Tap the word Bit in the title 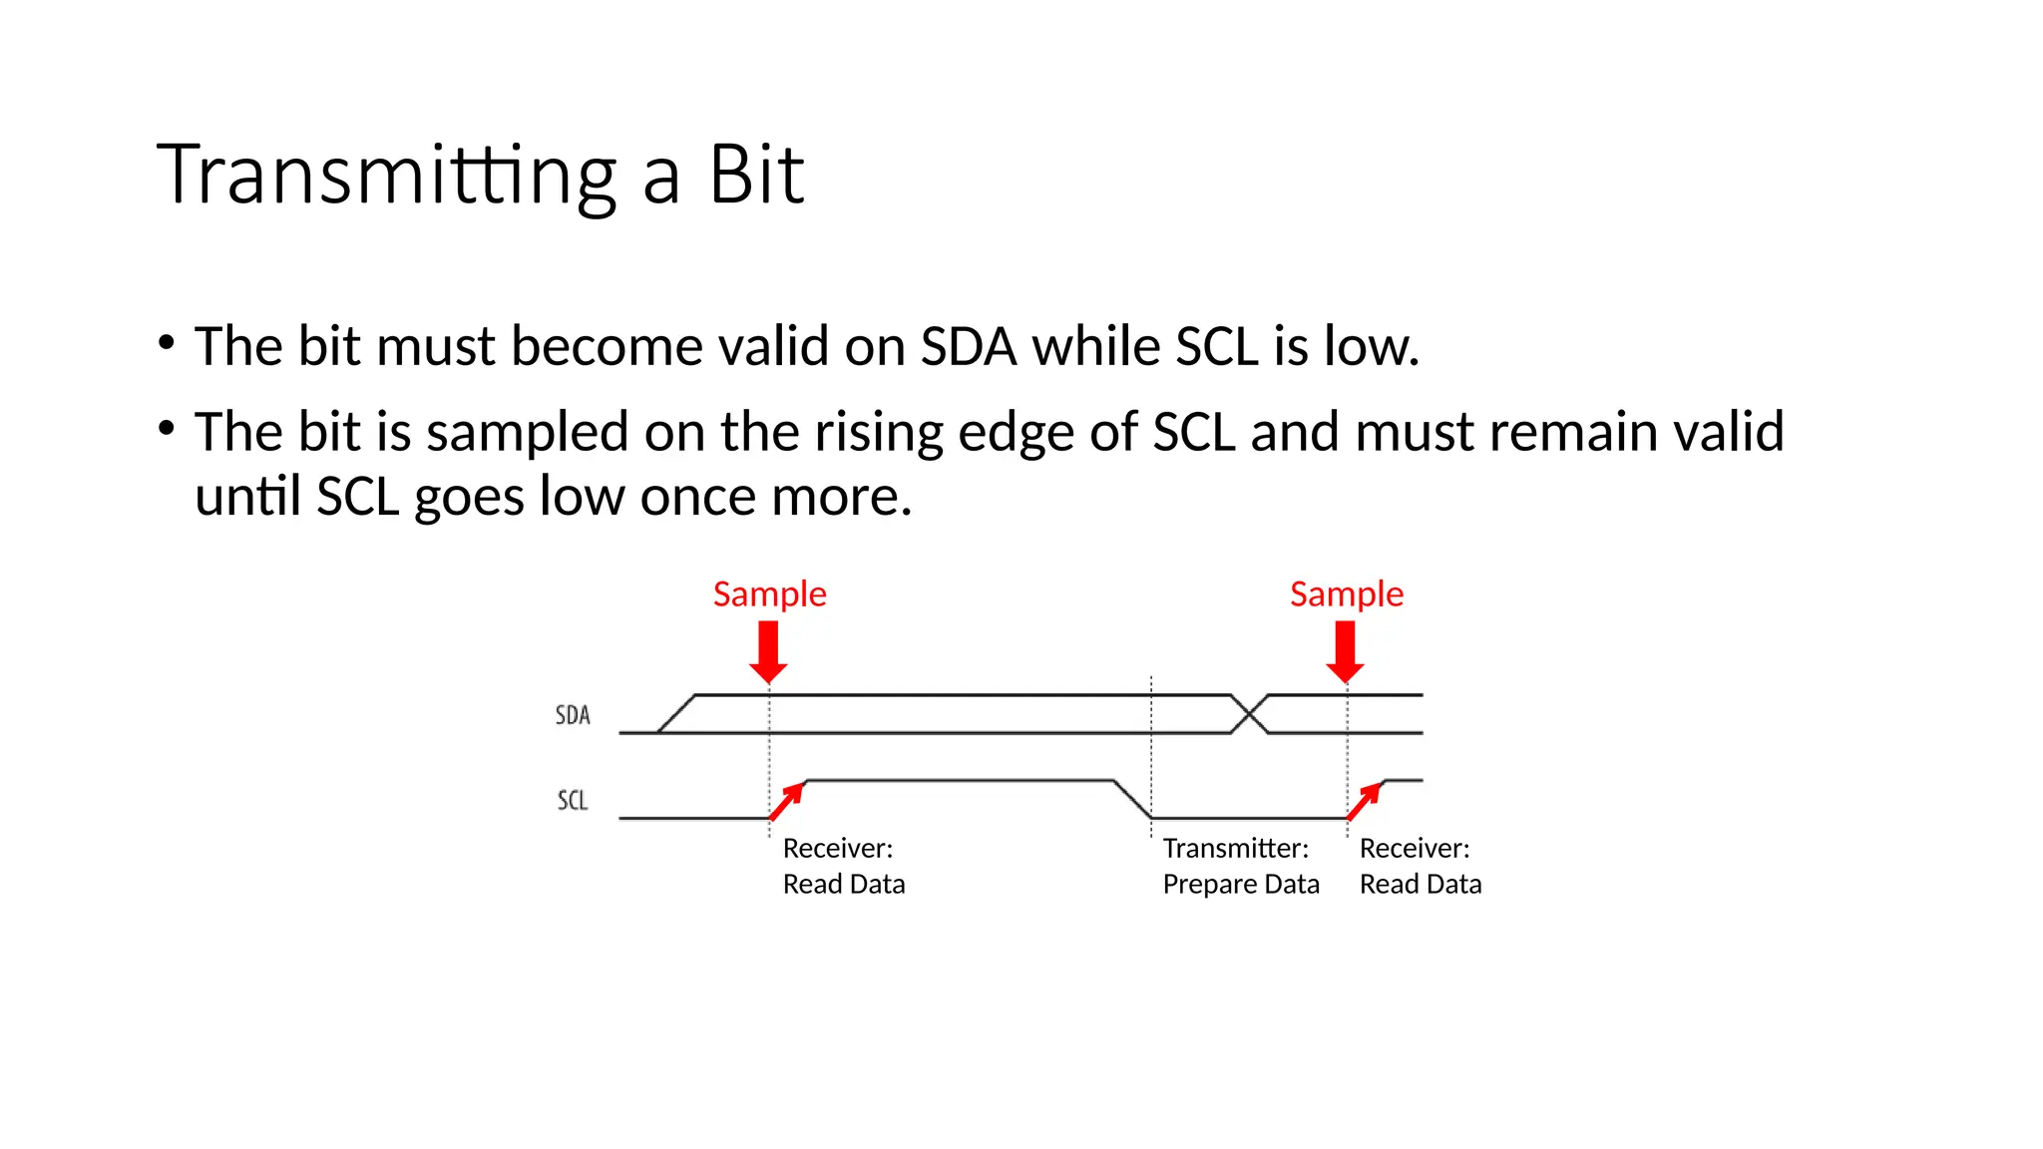[756, 176]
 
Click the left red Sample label [769, 594]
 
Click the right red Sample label [1346, 594]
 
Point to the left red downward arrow [768, 650]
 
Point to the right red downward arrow [1345, 650]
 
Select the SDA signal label [573, 715]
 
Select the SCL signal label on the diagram [573, 800]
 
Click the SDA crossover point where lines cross [1250, 714]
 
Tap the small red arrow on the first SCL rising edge [787, 801]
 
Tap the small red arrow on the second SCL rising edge [1365, 801]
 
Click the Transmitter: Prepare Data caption [1240, 866]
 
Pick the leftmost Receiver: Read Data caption [843, 866]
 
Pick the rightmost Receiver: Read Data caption [1420, 866]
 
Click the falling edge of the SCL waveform [1132, 799]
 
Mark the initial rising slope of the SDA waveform [676, 714]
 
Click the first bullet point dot [167, 344]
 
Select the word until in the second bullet [247, 497]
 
